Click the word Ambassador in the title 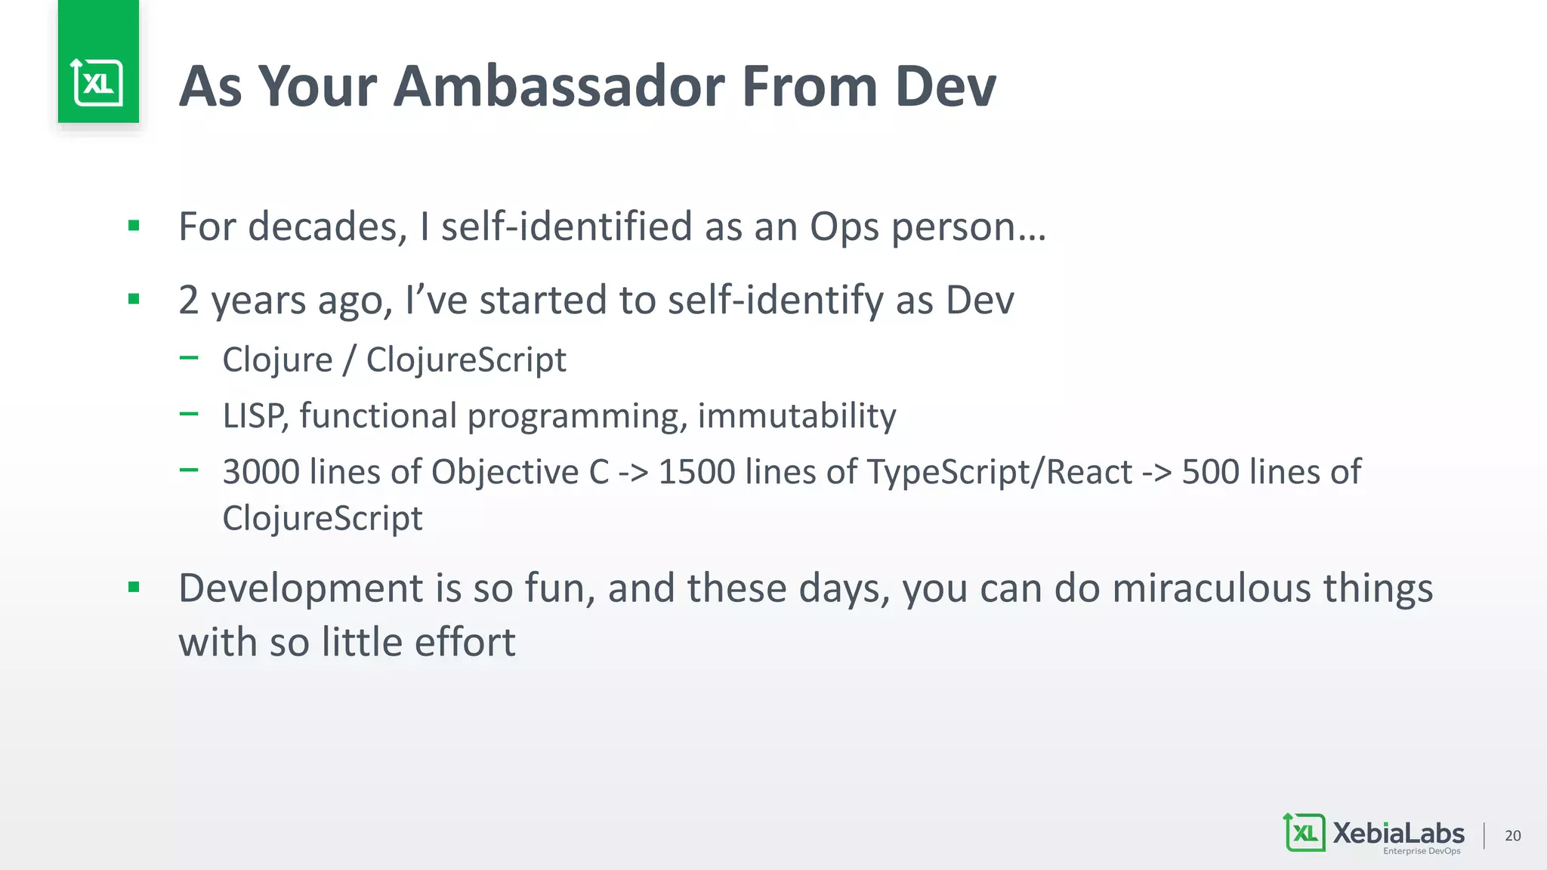click(x=559, y=86)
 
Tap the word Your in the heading click(x=317, y=86)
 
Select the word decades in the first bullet click(x=328, y=227)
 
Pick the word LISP click(x=255, y=416)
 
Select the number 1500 click(x=696, y=472)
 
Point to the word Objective click(x=505, y=473)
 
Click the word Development click(x=301, y=589)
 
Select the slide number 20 click(x=1512, y=835)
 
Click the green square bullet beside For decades click(x=134, y=225)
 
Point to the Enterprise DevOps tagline click(x=1422, y=851)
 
